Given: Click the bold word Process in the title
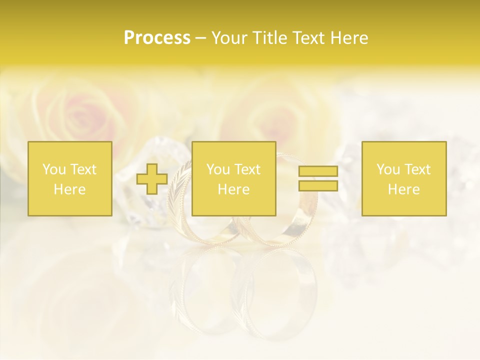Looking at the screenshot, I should (157, 38).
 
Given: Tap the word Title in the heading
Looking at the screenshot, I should (267, 38).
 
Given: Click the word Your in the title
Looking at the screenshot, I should (228, 38).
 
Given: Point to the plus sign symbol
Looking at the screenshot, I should (152, 179).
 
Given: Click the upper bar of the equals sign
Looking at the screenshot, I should (318, 171).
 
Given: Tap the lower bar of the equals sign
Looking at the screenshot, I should (318, 186).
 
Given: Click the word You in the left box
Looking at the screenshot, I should (53, 169).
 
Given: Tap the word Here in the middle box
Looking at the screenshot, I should (234, 189).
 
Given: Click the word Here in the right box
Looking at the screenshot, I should (404, 189).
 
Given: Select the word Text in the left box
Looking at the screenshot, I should (83, 169).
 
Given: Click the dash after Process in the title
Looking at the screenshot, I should (200, 38).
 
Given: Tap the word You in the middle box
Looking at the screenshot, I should (217, 169).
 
